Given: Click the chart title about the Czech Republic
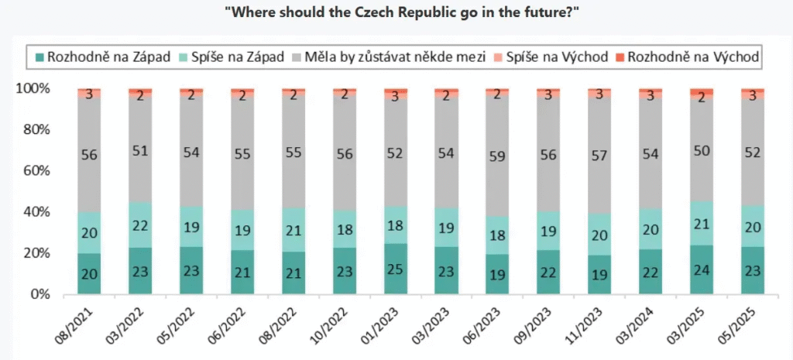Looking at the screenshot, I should pyautogui.click(x=396, y=13).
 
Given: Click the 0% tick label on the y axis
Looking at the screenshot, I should pyautogui.click(x=39, y=295).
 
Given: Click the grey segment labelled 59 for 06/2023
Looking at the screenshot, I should pyautogui.click(x=497, y=156).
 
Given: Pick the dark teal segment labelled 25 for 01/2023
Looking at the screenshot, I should pyautogui.click(x=396, y=269).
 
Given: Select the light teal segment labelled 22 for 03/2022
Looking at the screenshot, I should pyautogui.click(x=140, y=225).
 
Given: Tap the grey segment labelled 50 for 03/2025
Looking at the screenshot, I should pyautogui.click(x=701, y=151).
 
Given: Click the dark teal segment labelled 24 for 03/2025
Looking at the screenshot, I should pyautogui.click(x=701, y=270).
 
